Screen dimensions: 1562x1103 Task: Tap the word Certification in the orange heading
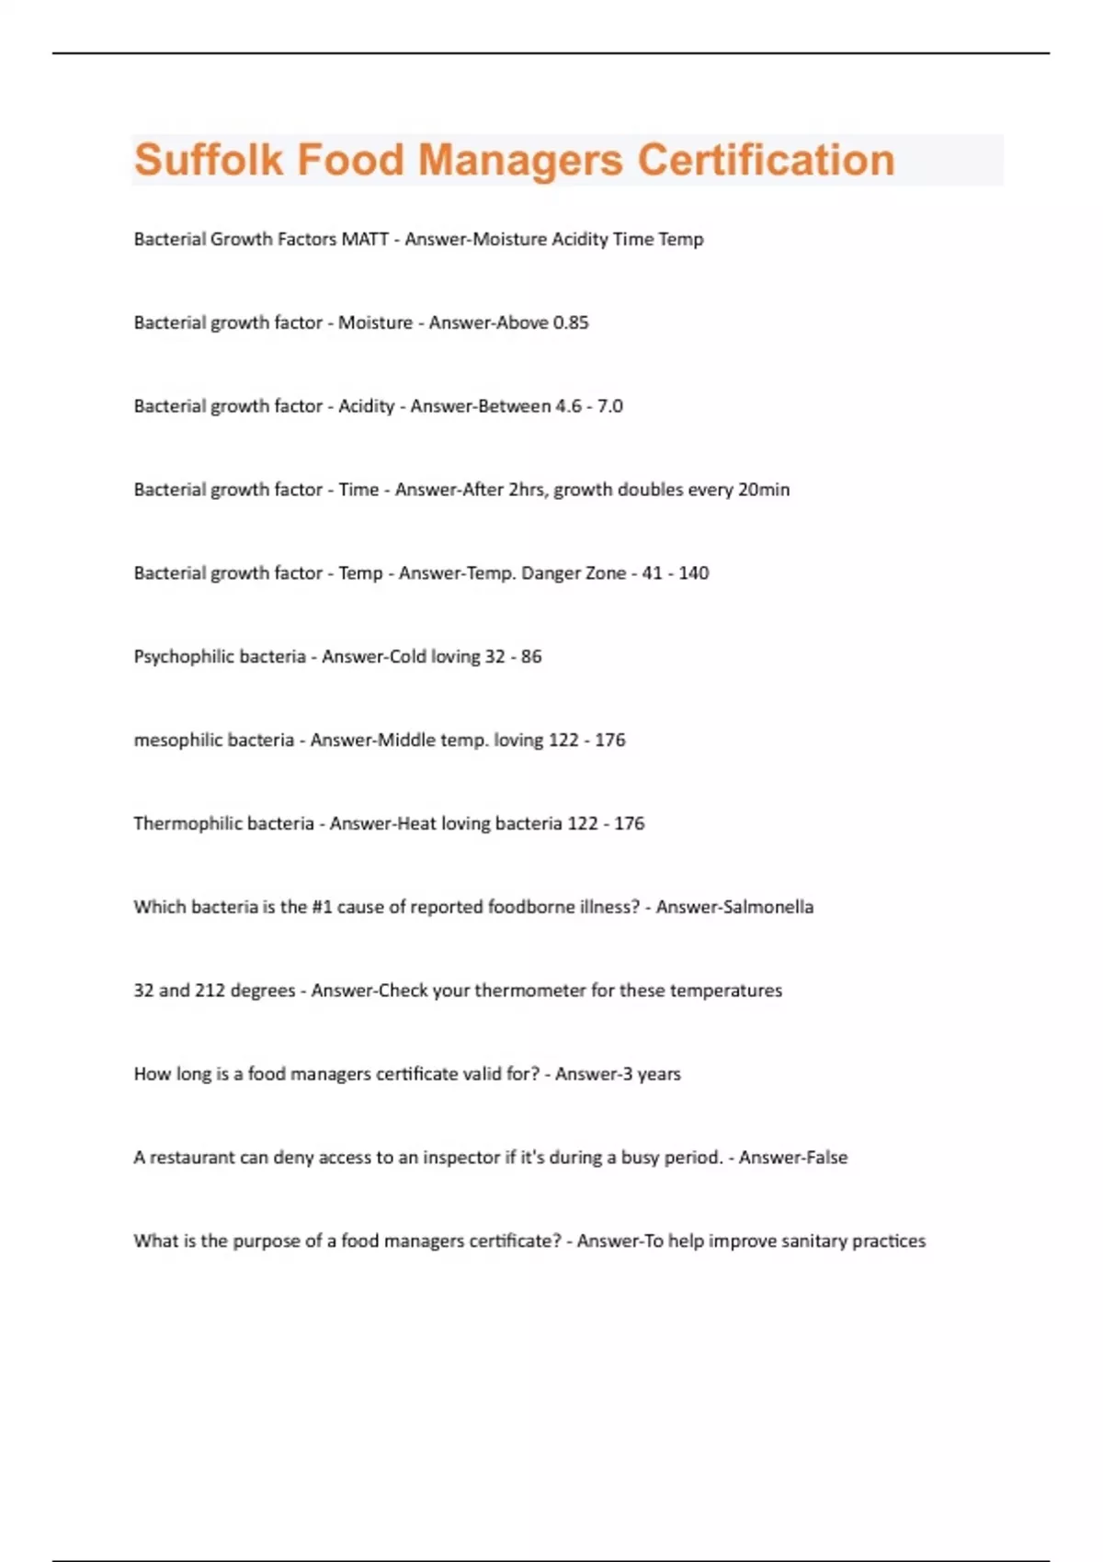766,160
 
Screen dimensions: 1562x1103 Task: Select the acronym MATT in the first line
365,239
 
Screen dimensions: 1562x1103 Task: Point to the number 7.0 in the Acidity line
609,406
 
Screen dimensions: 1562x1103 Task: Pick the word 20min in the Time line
764,490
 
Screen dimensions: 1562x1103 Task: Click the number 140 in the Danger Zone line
693,573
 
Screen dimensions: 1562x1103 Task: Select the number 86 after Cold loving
531,657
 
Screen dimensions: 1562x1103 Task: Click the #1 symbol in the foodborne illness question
322,907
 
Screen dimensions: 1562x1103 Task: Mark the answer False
826,1158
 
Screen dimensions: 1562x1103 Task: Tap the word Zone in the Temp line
606,573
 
